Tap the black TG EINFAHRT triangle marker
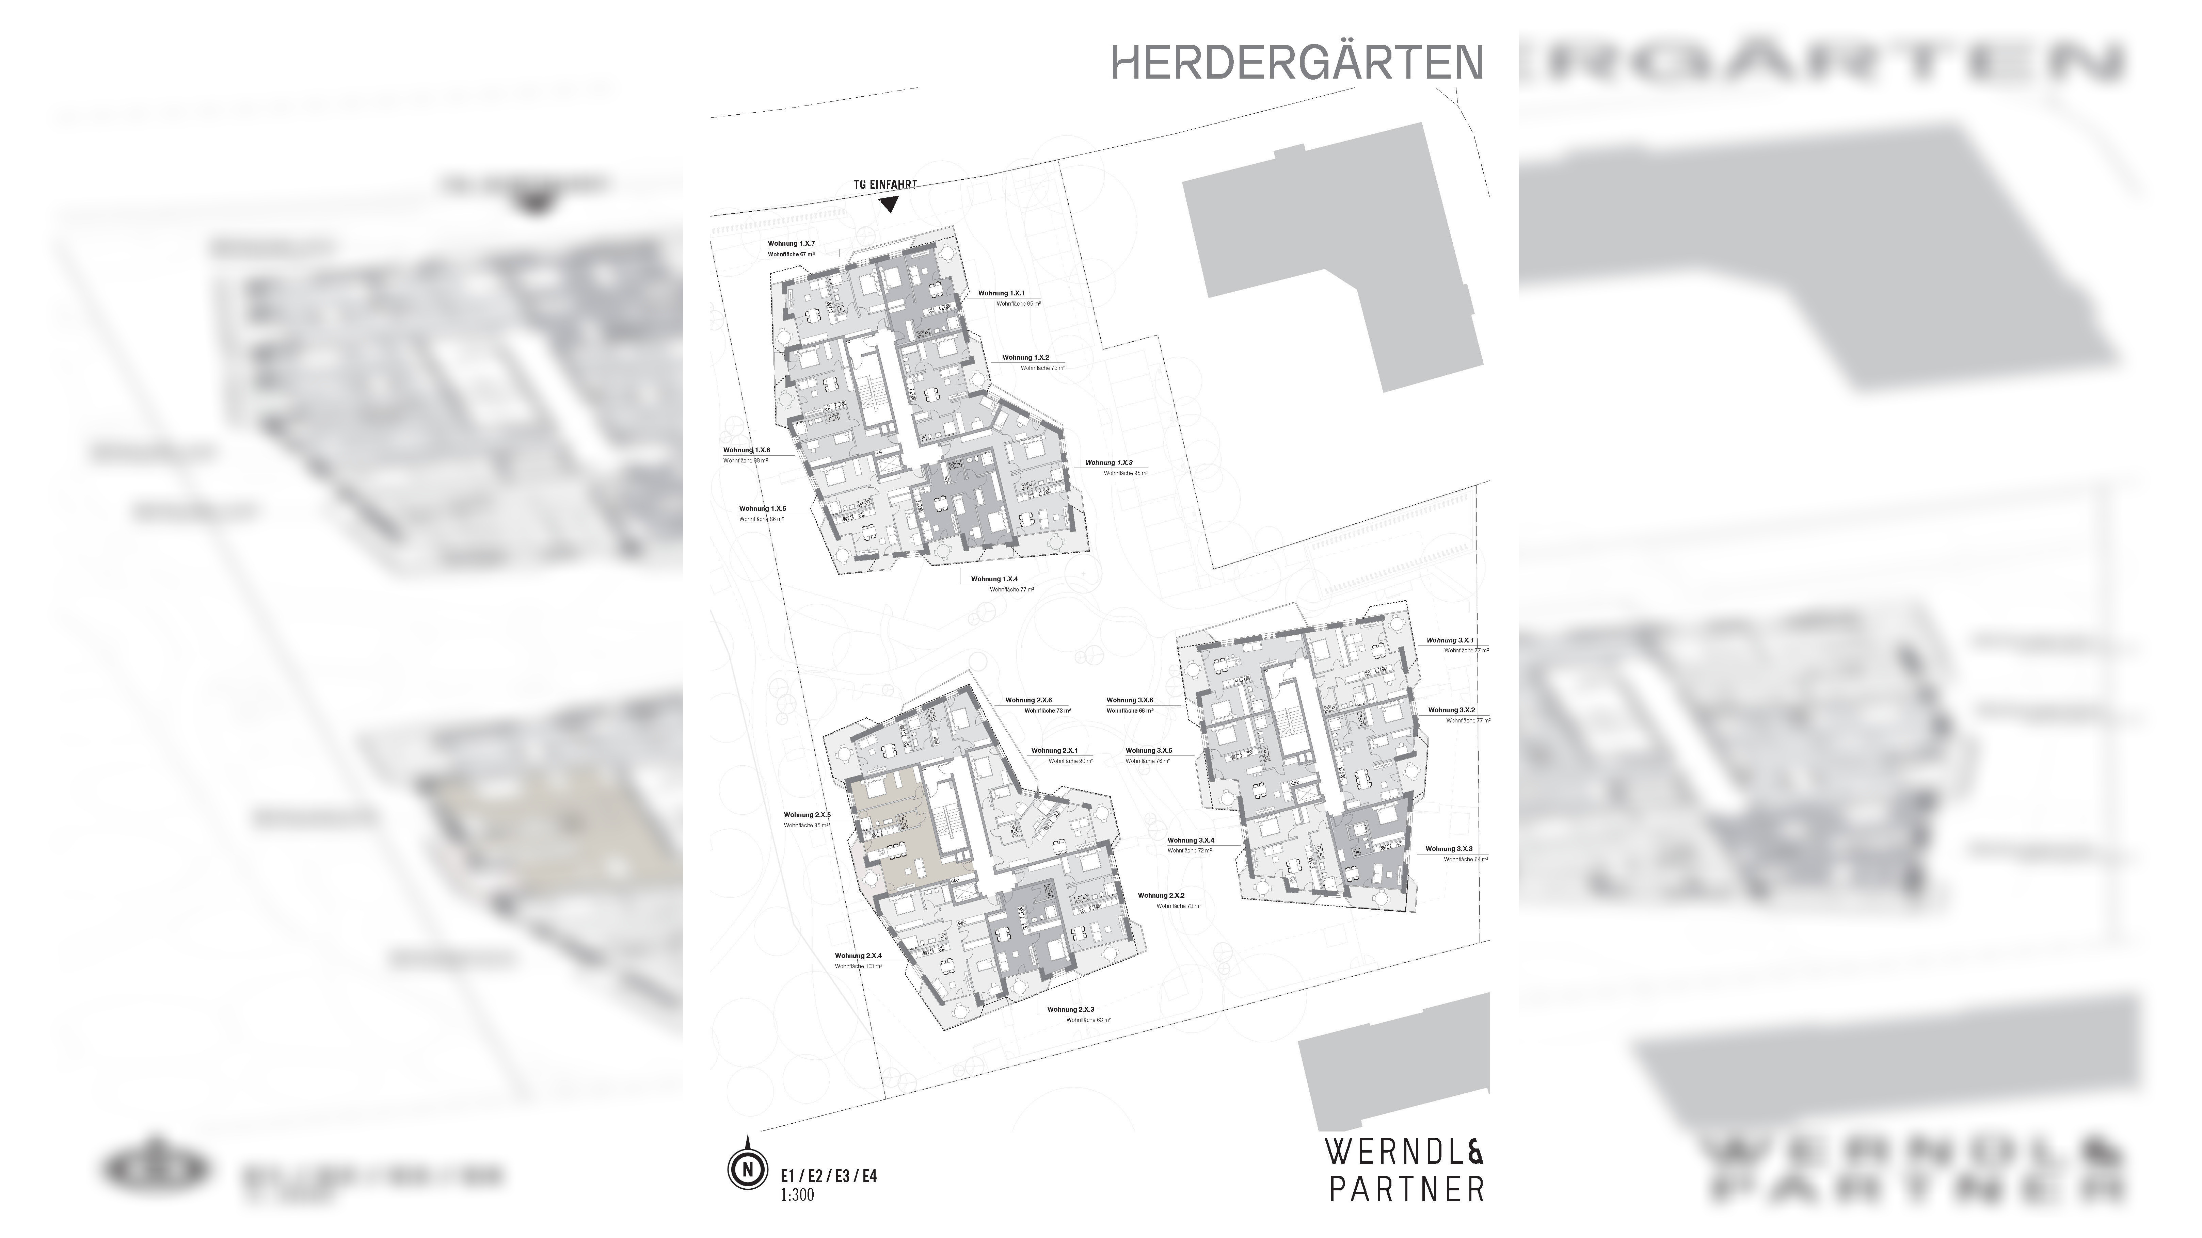pyautogui.click(x=889, y=203)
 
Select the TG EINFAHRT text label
pyautogui.click(x=885, y=184)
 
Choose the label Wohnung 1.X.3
pyautogui.click(x=1109, y=462)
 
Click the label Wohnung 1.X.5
pyautogui.click(x=763, y=508)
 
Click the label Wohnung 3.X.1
pyautogui.click(x=1450, y=640)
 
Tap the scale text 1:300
pyautogui.click(x=797, y=1194)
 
